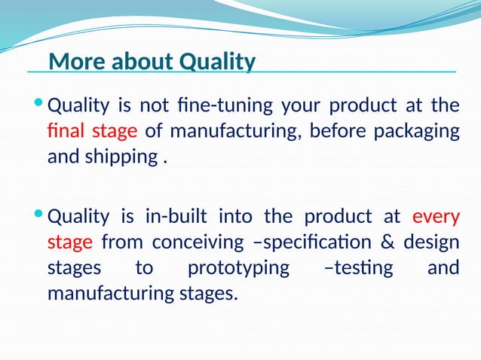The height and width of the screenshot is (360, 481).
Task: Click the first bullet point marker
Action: pyautogui.click(x=39, y=104)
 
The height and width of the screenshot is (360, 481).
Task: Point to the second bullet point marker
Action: pyautogui.click(x=39, y=217)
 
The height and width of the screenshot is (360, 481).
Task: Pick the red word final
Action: pyautogui.click(x=66, y=132)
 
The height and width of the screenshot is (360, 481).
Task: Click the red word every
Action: pyautogui.click(x=436, y=218)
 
